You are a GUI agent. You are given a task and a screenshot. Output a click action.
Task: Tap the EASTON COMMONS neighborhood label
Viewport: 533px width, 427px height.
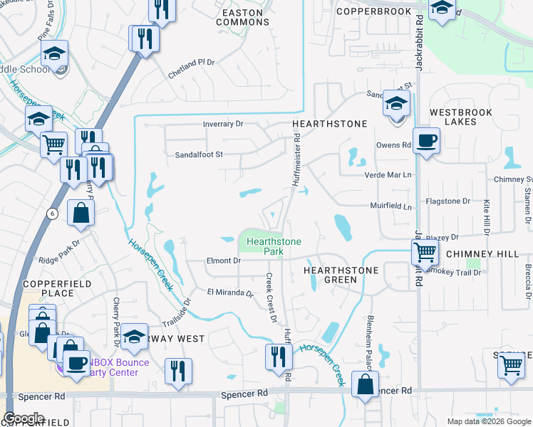pos(247,17)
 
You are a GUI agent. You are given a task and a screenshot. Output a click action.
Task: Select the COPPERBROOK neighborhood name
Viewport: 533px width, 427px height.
pos(373,11)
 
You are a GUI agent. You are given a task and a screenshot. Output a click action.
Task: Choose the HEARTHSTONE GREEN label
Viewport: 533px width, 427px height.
pos(341,275)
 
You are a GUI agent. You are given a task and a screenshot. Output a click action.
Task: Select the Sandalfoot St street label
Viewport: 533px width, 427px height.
pos(200,154)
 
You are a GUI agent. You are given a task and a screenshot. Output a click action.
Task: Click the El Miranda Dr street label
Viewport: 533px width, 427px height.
pos(230,292)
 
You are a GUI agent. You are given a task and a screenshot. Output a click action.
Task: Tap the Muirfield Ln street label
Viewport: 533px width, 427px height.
pos(391,207)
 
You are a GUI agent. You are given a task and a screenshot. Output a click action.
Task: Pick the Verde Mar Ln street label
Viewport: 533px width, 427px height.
pos(388,175)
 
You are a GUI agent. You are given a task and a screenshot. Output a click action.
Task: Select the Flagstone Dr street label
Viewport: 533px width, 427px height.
pos(447,201)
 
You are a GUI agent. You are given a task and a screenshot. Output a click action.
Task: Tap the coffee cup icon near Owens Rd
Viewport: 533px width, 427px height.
pos(426,139)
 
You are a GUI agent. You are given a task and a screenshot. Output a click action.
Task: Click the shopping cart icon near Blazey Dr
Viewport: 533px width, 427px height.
pos(425,251)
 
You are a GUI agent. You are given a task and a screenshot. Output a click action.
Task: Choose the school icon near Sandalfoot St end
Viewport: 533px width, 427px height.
pos(395,105)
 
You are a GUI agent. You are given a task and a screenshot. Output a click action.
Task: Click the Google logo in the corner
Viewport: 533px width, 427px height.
pos(24,418)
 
